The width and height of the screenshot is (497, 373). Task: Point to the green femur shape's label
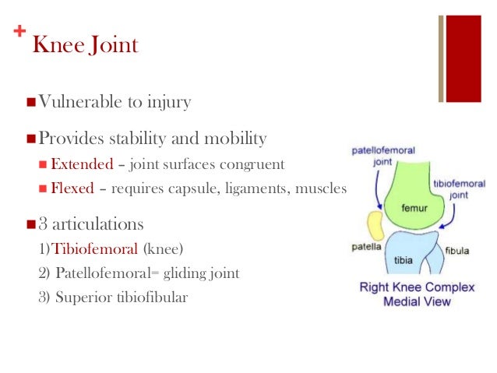click(x=413, y=209)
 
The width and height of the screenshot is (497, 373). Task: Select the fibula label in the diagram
click(x=457, y=252)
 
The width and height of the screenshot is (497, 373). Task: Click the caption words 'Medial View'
click(x=415, y=301)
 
